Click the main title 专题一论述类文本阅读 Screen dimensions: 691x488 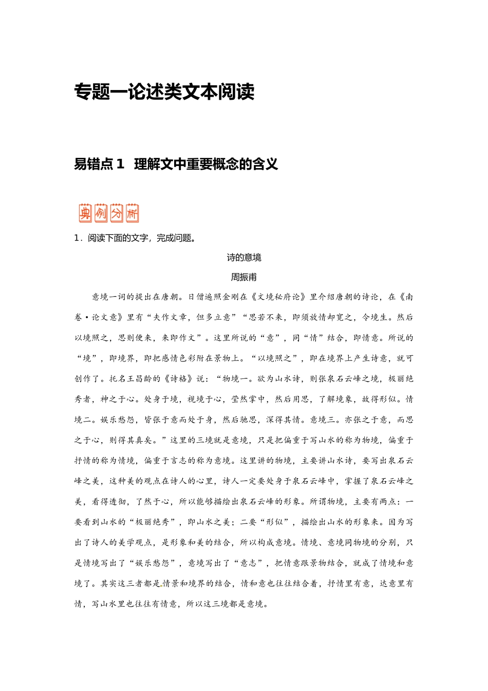pyautogui.click(x=164, y=92)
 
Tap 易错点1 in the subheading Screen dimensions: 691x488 pyautogui.click(x=100, y=164)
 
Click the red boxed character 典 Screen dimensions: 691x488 pyautogui.click(x=85, y=213)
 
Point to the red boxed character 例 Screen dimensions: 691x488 pyautogui.click(x=101, y=213)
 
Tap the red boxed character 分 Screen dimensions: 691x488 pyautogui.click(x=117, y=213)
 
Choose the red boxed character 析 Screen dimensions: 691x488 pyautogui.click(x=132, y=213)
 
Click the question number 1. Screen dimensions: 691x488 pyautogui.click(x=77, y=238)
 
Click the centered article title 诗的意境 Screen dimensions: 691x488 pyautogui.click(x=244, y=258)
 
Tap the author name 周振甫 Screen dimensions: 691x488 pyautogui.click(x=244, y=277)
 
